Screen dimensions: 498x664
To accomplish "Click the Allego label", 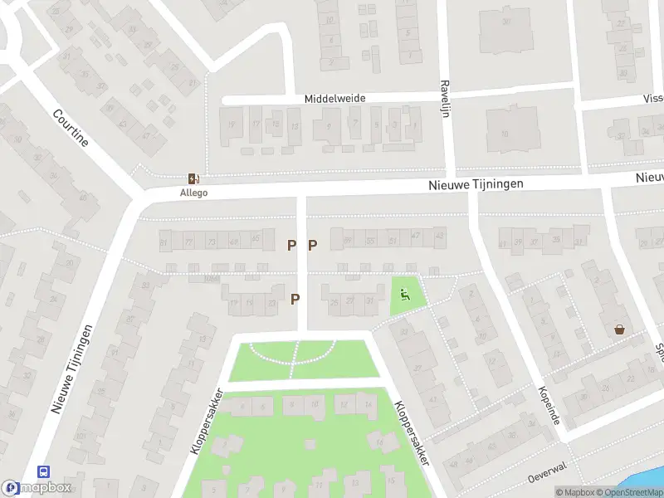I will click(x=193, y=193).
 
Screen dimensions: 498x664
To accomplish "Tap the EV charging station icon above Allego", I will click(x=193, y=178).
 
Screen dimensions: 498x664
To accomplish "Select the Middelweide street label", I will click(x=334, y=98).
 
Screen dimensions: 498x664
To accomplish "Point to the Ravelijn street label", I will click(x=445, y=98).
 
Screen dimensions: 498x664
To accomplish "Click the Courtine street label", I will click(x=70, y=128).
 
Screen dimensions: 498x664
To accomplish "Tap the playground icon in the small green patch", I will click(x=405, y=292).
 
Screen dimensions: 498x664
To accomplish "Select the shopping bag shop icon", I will click(x=619, y=329).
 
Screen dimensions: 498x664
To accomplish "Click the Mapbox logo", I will click(x=36, y=488).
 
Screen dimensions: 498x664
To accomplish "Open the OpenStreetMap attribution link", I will click(x=635, y=492).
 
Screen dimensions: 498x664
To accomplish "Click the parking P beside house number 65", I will click(x=291, y=245).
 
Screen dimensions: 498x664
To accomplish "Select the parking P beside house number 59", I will click(x=313, y=245).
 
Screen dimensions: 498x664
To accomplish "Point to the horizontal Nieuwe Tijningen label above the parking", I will click(x=476, y=184).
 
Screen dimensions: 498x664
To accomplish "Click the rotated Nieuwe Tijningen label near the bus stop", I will click(x=71, y=369).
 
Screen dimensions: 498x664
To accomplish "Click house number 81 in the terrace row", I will click(x=164, y=242).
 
